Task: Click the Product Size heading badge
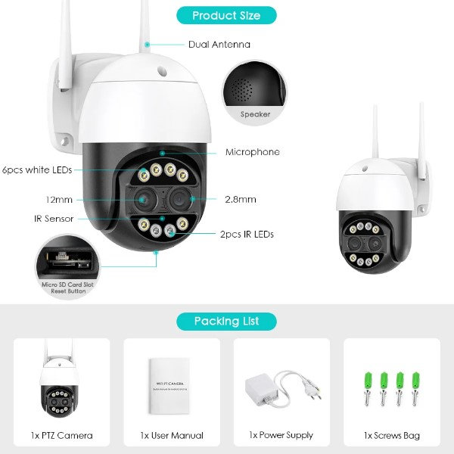[226, 15]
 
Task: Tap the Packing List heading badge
[226, 321]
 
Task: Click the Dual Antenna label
[219, 45]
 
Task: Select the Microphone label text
[252, 152]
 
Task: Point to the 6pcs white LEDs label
[37, 170]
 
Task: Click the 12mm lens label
[37, 200]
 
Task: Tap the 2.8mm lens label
[241, 200]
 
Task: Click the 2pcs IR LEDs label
[246, 235]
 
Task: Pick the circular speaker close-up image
[254, 92]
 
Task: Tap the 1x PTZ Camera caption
[62, 435]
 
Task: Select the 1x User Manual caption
[172, 435]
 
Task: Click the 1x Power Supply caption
[281, 435]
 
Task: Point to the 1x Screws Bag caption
[392, 435]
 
